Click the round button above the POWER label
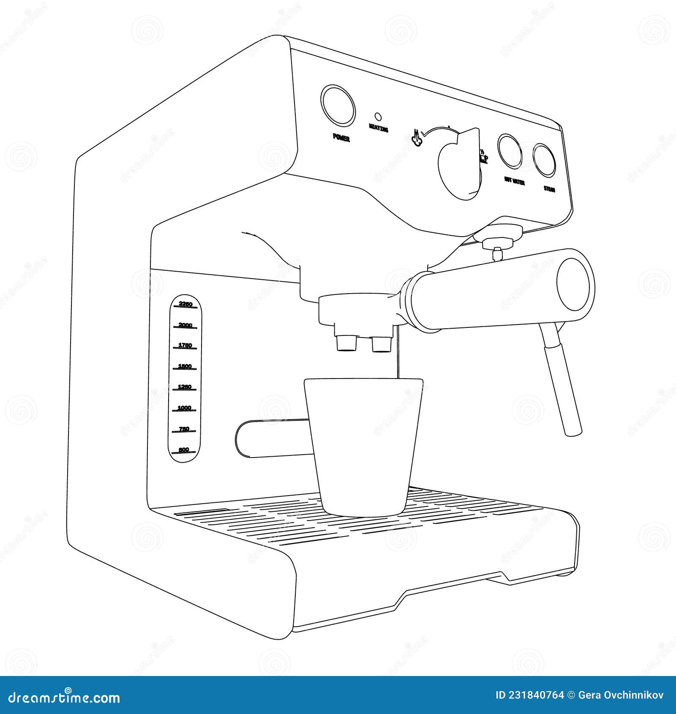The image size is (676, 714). (x=338, y=105)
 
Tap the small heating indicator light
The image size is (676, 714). (x=378, y=116)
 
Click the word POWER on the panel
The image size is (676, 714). (x=341, y=137)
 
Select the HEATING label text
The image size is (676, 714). (x=378, y=128)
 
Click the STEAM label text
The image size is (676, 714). (x=549, y=189)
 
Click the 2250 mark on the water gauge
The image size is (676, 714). (x=185, y=304)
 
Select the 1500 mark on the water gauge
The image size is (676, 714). (x=185, y=366)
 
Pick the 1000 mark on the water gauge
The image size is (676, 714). (x=185, y=408)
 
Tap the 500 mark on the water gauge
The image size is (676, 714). (x=184, y=450)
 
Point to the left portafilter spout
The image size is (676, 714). (x=346, y=343)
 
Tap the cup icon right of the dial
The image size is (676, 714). (x=484, y=158)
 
